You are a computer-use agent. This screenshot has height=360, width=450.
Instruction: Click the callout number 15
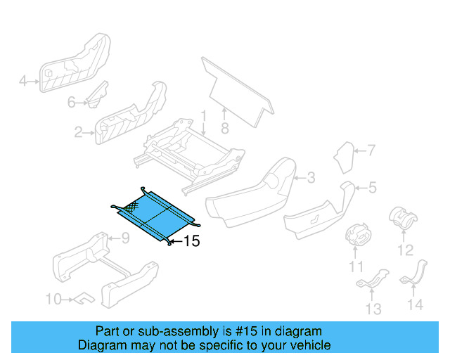click(191, 241)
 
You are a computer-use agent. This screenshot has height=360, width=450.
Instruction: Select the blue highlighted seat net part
click(156, 214)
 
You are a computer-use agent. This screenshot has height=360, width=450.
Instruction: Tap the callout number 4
click(22, 82)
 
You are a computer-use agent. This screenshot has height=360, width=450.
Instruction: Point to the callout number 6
click(71, 103)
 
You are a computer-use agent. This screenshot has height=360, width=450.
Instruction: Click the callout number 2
click(79, 131)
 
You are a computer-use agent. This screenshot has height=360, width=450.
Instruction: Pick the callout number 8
click(225, 129)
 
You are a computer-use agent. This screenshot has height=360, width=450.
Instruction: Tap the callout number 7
click(371, 150)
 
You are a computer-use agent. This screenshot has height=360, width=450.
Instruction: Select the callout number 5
click(373, 187)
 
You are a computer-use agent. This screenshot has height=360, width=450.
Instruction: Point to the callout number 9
click(125, 238)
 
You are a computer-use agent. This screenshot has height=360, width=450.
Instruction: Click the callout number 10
click(53, 300)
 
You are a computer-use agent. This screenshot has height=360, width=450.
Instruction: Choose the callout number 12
click(405, 250)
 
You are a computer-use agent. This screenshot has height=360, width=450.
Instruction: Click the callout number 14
click(416, 304)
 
